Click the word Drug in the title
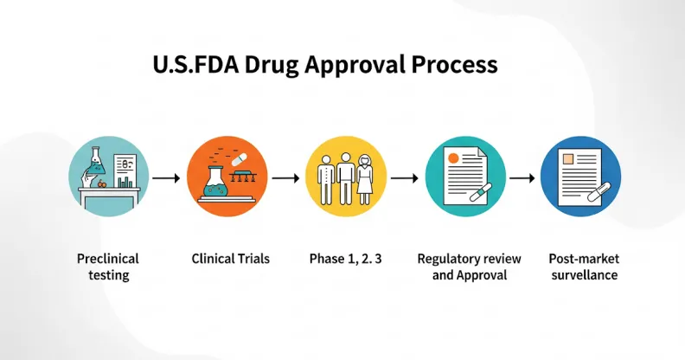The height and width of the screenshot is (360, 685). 271,65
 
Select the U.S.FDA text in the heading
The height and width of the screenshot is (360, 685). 195,65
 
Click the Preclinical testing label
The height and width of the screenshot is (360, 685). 108,267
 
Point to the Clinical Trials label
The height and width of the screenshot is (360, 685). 231,259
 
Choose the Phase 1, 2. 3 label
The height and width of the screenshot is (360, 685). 346,259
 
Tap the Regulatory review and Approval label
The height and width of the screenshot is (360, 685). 469,267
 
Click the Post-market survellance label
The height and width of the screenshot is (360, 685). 584,267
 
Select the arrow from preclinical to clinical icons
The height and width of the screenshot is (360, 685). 166,177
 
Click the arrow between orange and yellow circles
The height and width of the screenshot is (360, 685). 285,177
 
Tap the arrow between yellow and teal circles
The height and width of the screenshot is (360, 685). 405,177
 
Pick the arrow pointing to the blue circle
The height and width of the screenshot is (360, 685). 522,177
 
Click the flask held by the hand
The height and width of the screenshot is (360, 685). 96,162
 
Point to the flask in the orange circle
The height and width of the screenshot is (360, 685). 214,183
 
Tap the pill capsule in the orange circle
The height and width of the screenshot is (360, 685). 240,159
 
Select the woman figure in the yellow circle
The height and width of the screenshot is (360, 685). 365,179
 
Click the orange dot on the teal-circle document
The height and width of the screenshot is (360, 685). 453,158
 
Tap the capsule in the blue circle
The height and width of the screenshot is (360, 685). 599,191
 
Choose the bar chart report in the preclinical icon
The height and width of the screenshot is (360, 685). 125,170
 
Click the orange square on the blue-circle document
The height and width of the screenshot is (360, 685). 568,158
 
